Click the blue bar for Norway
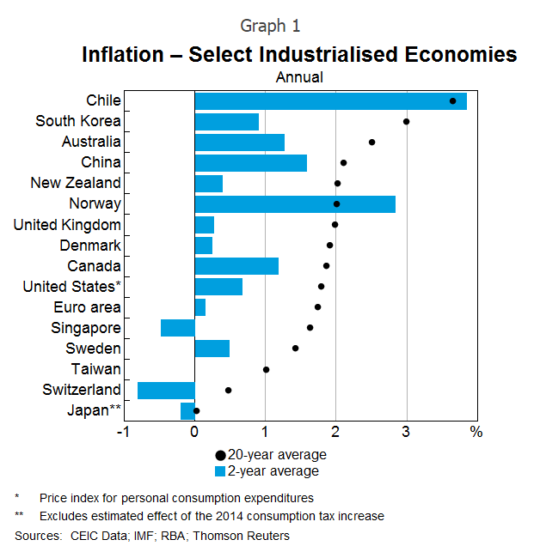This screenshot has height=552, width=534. pyautogui.click(x=295, y=204)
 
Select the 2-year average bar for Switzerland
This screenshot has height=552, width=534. pyautogui.click(x=166, y=391)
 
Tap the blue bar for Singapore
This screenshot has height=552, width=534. pyautogui.click(x=178, y=328)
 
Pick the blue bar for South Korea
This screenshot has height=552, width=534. pyautogui.click(x=227, y=122)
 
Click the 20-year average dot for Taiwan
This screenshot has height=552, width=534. pyautogui.click(x=267, y=370)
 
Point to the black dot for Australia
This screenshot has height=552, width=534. pyautogui.click(x=371, y=143)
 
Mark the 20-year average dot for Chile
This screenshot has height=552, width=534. pyautogui.click(x=453, y=101)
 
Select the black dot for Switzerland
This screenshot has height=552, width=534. pyautogui.click(x=229, y=391)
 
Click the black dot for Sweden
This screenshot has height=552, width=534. pyautogui.click(x=295, y=349)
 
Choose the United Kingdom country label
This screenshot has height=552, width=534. pyautogui.click(x=67, y=225)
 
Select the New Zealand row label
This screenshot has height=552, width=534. pyautogui.click(x=76, y=183)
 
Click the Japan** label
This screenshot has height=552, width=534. pyautogui.click(x=94, y=410)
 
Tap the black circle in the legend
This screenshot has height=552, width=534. pyautogui.click(x=221, y=455)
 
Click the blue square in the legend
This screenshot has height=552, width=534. pyautogui.click(x=221, y=471)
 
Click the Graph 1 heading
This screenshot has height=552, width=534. pyautogui.click(x=271, y=26)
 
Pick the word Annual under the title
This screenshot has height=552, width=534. pyautogui.click(x=299, y=77)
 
